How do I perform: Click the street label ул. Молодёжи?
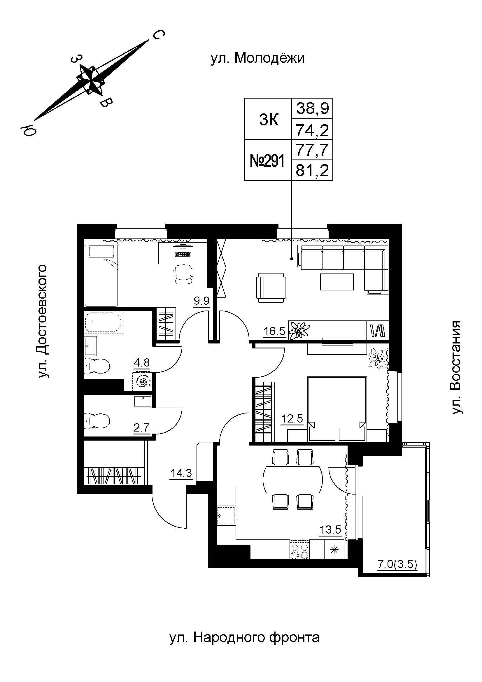[x=257, y=59]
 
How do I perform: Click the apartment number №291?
[x=267, y=161]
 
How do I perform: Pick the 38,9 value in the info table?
[x=313, y=109]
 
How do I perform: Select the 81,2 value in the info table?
[x=313, y=171]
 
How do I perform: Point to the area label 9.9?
[x=202, y=301]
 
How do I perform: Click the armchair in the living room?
[x=271, y=288]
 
